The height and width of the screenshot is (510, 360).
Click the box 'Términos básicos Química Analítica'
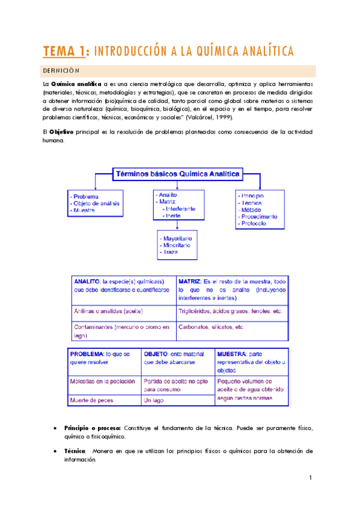coord(177,174)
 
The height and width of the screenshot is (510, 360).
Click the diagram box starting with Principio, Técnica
coord(260,209)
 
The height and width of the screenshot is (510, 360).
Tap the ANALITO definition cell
coord(123,290)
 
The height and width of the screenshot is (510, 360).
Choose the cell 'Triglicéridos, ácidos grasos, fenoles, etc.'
coord(230,312)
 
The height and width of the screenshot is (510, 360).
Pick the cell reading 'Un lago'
coord(154,400)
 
